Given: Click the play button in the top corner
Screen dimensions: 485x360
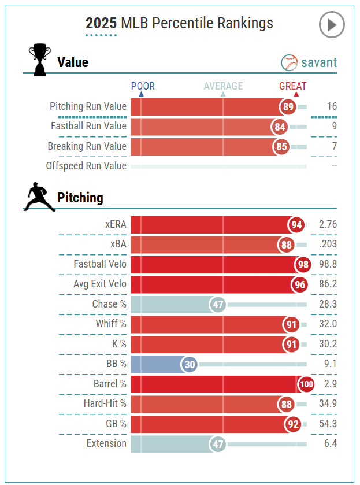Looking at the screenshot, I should coord(332,25).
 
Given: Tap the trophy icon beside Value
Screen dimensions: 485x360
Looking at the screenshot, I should coord(40,60).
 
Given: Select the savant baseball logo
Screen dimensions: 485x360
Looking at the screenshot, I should coord(289,62).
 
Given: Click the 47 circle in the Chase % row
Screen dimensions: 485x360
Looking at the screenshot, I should coord(217,305).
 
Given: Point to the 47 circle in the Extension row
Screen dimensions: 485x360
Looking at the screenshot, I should coord(217,444).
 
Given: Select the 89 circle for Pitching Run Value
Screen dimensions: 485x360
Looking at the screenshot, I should coord(288,107).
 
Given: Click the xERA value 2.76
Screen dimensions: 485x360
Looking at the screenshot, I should coord(327,225).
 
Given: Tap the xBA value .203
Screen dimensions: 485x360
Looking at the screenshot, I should coord(327,245).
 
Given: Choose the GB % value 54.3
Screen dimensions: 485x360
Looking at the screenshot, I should coord(327,424).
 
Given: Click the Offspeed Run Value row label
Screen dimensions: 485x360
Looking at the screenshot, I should coord(86,166).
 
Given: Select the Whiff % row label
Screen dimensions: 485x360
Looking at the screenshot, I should coord(111,324).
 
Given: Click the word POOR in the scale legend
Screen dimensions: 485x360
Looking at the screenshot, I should coord(143,86).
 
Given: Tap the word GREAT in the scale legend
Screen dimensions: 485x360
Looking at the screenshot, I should coord(293,86).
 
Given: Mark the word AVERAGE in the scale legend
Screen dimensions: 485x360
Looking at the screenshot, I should coord(223,86).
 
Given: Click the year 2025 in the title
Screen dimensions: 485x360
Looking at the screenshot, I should coord(101,23).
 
